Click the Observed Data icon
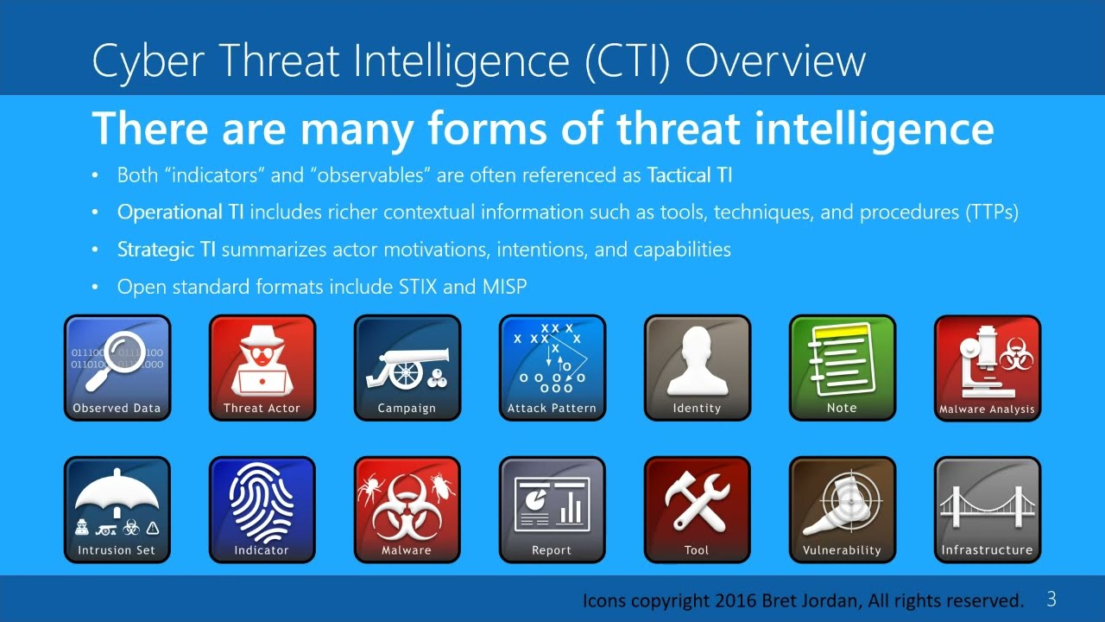pos(117,368)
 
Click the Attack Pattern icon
pos(552,368)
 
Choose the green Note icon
pos(843,368)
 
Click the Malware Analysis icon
pos(988,368)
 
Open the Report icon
pos(552,510)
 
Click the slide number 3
pos(1051,599)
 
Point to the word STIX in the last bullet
pos(418,287)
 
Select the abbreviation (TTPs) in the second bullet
pos(992,213)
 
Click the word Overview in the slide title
pos(774,61)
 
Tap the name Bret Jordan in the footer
pos(808,600)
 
